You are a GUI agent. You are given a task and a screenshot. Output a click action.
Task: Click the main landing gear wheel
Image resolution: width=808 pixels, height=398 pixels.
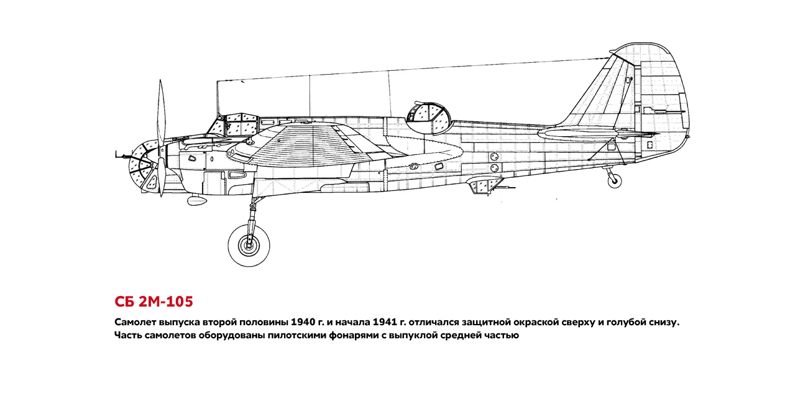[x=249, y=246]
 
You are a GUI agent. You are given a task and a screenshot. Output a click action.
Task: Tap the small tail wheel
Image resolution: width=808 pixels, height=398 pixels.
[x=614, y=181]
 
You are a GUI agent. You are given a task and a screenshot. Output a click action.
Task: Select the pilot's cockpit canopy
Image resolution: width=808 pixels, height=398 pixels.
[x=234, y=124]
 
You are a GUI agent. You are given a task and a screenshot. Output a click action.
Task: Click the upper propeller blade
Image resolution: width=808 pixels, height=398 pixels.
[x=161, y=116]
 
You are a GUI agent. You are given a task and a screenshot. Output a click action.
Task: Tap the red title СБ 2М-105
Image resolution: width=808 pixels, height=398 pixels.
[x=154, y=302]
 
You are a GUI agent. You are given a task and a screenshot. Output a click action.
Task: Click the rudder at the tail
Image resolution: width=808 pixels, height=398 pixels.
[x=663, y=101]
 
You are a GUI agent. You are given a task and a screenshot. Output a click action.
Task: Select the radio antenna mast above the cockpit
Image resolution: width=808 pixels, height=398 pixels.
[x=218, y=98]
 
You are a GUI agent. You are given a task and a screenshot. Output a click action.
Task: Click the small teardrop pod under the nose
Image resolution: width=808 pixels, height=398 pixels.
[x=197, y=200]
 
